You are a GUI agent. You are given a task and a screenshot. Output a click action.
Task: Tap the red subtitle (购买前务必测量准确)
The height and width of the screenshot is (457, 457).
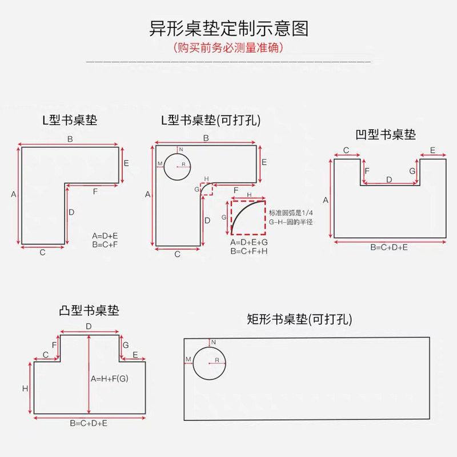pos(228,47)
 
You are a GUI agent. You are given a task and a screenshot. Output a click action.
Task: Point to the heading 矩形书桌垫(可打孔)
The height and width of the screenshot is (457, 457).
pos(299,319)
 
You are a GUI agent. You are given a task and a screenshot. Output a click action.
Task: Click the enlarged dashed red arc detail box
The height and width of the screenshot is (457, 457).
pos(248,217)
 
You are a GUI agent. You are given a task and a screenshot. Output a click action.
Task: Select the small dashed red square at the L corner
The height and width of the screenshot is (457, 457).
pos(206,189)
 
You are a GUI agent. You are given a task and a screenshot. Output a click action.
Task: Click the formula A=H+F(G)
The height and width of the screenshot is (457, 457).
pos(108,379)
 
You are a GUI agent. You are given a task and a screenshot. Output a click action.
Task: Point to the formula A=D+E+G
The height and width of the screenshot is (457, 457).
pos(249,243)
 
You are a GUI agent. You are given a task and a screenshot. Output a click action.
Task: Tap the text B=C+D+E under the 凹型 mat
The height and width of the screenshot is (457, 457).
pos(389,247)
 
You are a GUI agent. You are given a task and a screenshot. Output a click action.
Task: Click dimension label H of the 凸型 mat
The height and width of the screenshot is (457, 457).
pos(25,388)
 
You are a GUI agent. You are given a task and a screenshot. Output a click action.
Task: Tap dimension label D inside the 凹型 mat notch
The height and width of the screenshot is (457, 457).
pos(390,179)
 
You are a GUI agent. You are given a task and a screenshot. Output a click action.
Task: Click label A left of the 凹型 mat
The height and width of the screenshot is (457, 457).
pos(326,200)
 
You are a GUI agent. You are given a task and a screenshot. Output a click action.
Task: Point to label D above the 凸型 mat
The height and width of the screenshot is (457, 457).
pos(89,326)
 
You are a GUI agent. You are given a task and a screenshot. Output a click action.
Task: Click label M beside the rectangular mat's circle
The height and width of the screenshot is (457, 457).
pos(188,358)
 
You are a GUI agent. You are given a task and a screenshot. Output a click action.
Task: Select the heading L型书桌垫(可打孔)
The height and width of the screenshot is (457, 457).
pos(211,121)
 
